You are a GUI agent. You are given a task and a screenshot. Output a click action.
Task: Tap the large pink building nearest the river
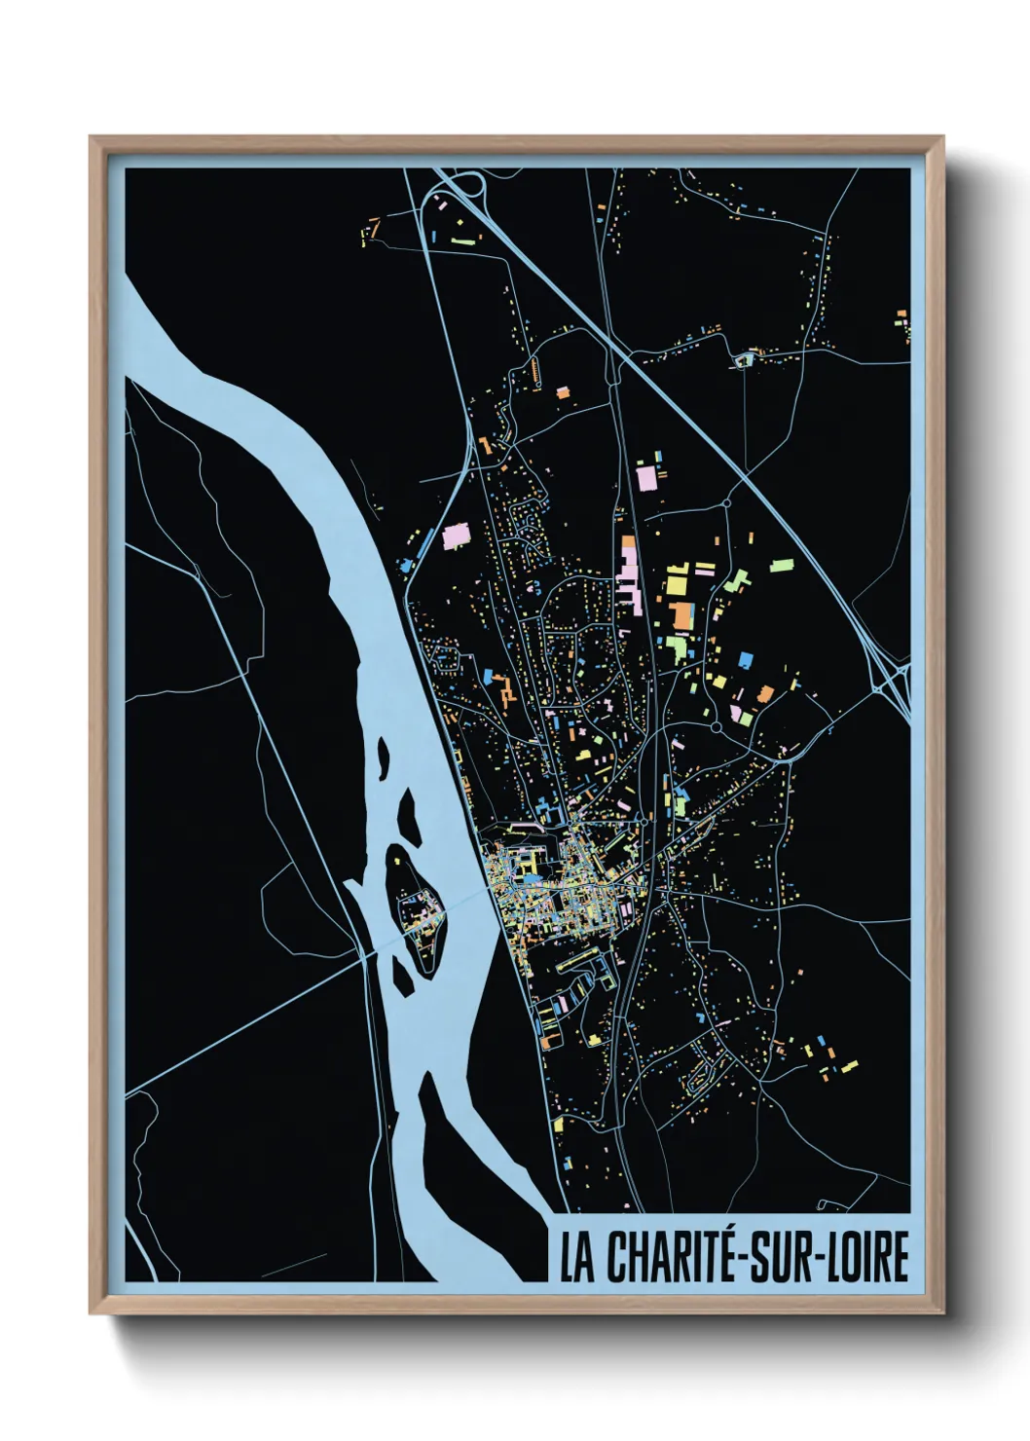pyautogui.click(x=455, y=536)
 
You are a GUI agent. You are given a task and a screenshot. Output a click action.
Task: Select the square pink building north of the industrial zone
pyautogui.click(x=648, y=477)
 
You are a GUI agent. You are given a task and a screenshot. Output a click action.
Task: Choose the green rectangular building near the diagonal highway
pyautogui.click(x=782, y=564)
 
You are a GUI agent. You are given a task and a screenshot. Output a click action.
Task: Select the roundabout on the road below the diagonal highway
pyautogui.click(x=727, y=503)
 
